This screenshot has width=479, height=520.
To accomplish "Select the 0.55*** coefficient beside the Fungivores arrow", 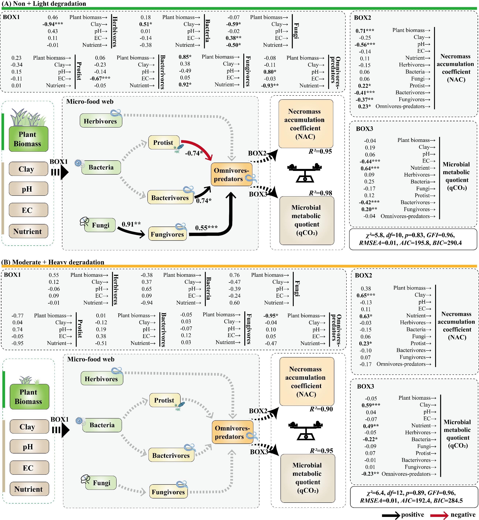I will point(206,228).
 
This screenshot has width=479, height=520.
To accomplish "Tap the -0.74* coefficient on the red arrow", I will point(194,153).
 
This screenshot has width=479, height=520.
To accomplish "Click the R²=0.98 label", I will point(320,193).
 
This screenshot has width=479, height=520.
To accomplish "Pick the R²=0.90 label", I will point(321,409).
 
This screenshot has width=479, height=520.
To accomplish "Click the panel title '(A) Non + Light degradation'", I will point(44,4).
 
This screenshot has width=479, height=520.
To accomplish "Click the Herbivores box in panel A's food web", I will point(101,121).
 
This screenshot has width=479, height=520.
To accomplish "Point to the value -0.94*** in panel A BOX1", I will point(53,24).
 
